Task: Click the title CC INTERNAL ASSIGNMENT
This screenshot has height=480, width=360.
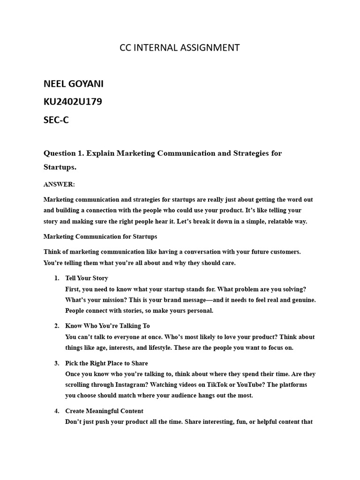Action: (x=180, y=47)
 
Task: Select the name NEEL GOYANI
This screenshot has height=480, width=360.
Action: (x=74, y=84)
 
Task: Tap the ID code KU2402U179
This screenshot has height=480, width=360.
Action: (x=72, y=102)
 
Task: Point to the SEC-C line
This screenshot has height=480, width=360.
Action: (x=56, y=120)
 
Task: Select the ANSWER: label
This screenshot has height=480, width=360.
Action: (x=59, y=184)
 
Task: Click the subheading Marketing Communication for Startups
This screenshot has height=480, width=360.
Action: (x=100, y=236)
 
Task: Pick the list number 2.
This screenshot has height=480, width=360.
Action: (x=56, y=325)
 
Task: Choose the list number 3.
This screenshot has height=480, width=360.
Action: (x=56, y=363)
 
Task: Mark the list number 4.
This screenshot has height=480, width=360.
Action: (x=56, y=411)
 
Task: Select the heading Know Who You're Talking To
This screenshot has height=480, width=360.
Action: (x=107, y=325)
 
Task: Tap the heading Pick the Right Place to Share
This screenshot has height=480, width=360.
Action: (x=106, y=363)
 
